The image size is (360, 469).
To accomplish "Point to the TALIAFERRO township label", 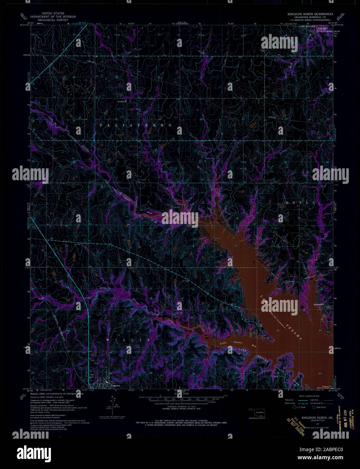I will (x=136, y=125).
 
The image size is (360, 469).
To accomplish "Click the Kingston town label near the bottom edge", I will (x=115, y=385).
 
